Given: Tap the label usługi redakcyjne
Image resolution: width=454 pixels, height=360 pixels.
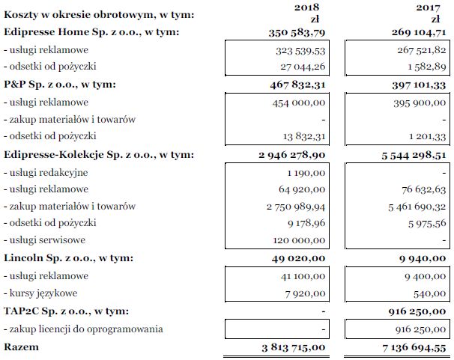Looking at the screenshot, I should click(46, 172).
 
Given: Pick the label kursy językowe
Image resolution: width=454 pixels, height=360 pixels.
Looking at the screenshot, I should click(40, 293).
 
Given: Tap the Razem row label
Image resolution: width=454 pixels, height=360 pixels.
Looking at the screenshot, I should click(21, 347).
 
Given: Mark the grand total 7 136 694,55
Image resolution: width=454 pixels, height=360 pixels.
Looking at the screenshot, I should click(413, 347).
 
